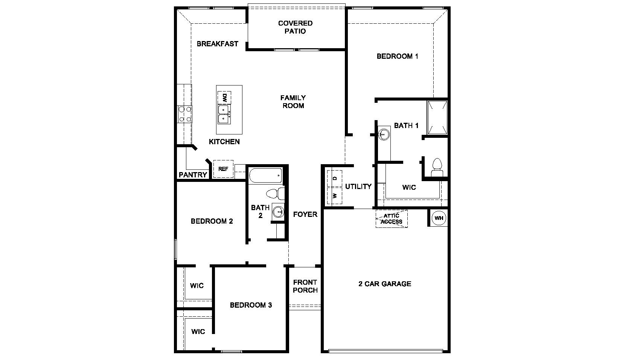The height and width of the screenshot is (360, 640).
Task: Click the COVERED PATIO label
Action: tap(295, 27)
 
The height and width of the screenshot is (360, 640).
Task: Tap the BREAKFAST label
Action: tap(217, 44)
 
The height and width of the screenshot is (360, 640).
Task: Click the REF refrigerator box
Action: tap(223, 169)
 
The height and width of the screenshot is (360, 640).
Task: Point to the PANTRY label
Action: tap(193, 175)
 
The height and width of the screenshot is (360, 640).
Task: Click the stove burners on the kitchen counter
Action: tap(184, 114)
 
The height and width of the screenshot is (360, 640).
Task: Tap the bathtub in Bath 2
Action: tap(265, 175)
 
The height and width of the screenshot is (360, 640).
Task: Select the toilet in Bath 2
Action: tap(276, 194)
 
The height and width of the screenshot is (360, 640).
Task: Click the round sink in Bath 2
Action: tap(279, 212)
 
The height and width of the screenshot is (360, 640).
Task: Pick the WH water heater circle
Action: tap(439, 218)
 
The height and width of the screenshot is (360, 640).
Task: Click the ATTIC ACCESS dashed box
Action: tap(392, 219)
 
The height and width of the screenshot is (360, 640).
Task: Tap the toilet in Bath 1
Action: tap(437, 168)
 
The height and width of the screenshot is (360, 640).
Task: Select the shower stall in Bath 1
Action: tap(437, 117)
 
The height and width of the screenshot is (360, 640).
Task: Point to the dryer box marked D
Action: tap(335, 177)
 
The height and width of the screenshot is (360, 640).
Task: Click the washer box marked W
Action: tap(335, 196)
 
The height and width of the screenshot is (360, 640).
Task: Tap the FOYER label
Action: tap(305, 214)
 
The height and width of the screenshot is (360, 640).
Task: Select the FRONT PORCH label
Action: tap(305, 286)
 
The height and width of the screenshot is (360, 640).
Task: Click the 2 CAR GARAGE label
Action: tap(384, 284)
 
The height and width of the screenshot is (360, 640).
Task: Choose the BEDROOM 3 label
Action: tap(251, 305)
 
